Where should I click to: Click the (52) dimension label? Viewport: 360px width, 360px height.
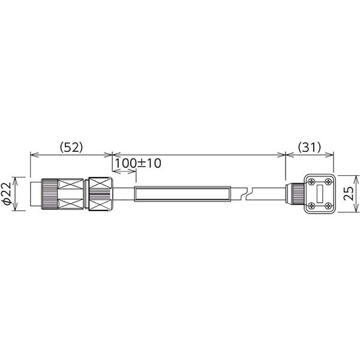click(71, 147)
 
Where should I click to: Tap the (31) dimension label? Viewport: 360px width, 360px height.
click(309, 147)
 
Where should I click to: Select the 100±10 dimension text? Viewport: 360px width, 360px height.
click(138, 163)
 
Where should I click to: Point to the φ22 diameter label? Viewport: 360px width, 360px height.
click(7, 194)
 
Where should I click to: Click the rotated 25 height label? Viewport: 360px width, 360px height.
click(349, 194)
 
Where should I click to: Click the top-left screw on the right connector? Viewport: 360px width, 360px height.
click(311, 182)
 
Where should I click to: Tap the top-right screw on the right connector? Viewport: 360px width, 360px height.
click(328, 182)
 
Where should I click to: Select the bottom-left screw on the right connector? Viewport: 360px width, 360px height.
click(311, 205)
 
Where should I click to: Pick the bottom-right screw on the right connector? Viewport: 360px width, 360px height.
click(328, 205)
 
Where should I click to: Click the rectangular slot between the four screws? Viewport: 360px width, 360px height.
click(320, 194)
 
